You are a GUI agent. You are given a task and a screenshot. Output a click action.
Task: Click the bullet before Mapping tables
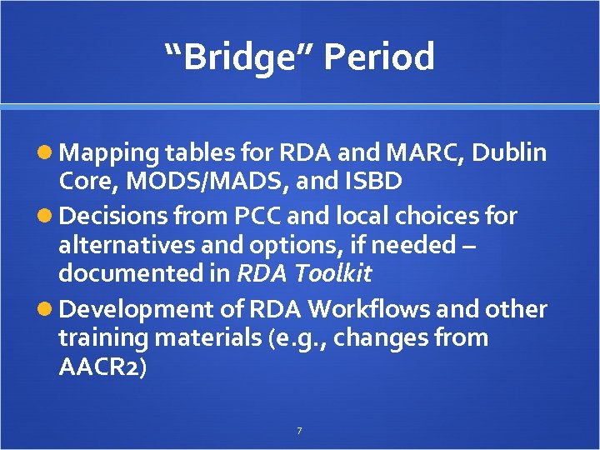pyautogui.click(x=48, y=153)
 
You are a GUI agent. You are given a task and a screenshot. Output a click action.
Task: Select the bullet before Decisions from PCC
pyautogui.click(x=48, y=217)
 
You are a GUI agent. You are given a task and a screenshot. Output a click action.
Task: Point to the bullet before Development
pyautogui.click(x=48, y=309)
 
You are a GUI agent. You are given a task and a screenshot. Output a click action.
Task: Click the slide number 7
pyautogui.click(x=299, y=431)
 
